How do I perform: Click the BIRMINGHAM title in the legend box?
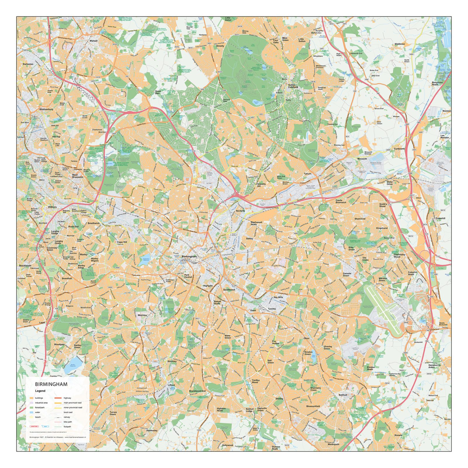(51, 384)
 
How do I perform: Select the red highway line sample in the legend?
(58, 398)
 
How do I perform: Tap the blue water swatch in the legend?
(31, 412)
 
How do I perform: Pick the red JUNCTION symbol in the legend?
(34, 426)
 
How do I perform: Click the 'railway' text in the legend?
(67, 417)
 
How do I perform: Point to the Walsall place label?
(94, 41)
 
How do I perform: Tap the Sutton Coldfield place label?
(293, 86)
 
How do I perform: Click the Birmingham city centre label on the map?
(189, 257)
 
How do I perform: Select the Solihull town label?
(343, 395)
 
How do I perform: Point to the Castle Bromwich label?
(341, 201)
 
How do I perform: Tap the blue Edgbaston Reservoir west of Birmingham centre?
(144, 260)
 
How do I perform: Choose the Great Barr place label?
(158, 92)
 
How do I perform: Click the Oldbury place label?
(52, 207)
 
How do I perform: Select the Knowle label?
(398, 435)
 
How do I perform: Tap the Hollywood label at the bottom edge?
(227, 445)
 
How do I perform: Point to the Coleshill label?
(440, 218)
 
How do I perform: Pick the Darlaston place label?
(28, 64)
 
